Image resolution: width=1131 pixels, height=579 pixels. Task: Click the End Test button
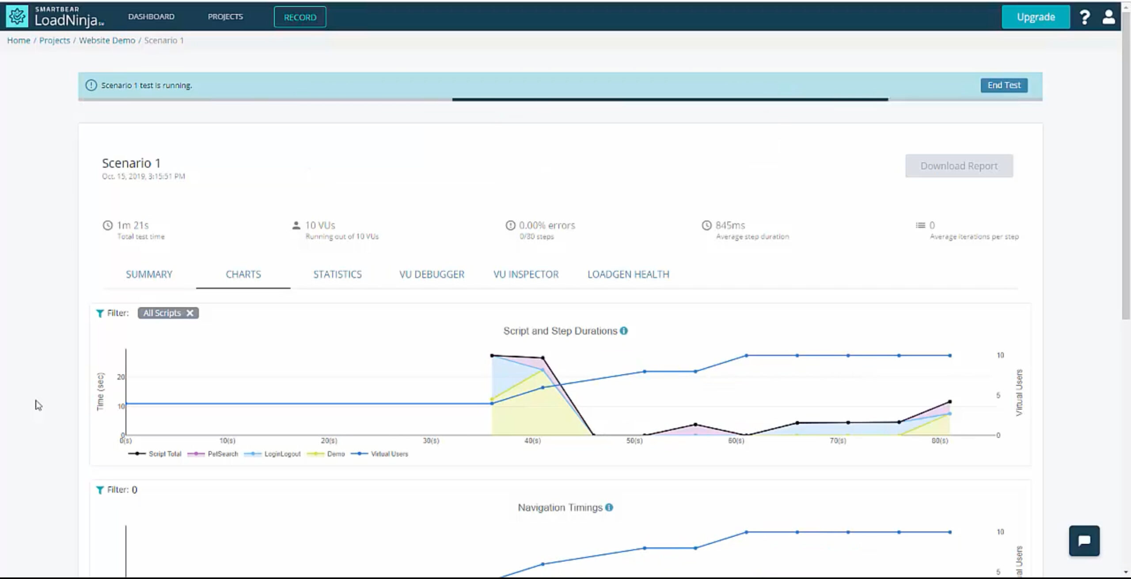tap(1004, 85)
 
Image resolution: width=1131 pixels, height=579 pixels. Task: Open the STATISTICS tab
tap(338, 274)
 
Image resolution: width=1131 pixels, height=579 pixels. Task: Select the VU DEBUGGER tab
tap(432, 274)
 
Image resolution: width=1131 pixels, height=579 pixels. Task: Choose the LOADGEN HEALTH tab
tap(628, 274)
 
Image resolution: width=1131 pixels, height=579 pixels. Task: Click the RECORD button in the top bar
tap(300, 17)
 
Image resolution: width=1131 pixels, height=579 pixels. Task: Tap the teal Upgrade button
tap(1036, 17)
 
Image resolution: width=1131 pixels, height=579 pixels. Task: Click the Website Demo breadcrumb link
tap(107, 40)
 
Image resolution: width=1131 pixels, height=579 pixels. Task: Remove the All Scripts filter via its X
tap(190, 313)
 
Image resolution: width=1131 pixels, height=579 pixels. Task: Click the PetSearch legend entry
tap(222, 454)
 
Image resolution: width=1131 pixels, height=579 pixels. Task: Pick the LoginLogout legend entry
tap(282, 454)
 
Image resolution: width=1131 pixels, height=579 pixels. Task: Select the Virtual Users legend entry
tap(389, 454)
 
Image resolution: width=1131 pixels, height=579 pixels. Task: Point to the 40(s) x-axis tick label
tap(532, 441)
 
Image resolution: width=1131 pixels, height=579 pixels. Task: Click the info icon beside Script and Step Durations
tap(624, 331)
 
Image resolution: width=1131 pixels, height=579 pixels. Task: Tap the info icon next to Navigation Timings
tap(609, 507)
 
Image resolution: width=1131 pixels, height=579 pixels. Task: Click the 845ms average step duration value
tap(730, 225)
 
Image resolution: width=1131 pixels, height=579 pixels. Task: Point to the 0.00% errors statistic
tap(547, 225)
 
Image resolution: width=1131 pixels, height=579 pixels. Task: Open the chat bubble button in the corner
tap(1084, 541)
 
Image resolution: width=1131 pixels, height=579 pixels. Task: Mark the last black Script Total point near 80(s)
tap(950, 402)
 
